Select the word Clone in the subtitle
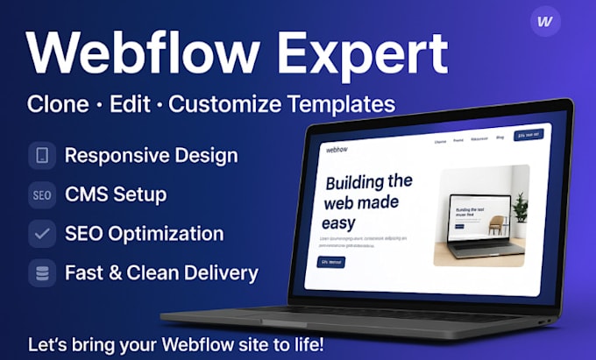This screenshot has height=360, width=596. pyautogui.click(x=58, y=103)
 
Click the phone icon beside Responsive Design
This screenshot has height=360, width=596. pyautogui.click(x=42, y=156)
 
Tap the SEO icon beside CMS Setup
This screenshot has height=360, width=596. pyautogui.click(x=42, y=194)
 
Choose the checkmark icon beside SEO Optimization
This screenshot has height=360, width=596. pyautogui.click(x=42, y=234)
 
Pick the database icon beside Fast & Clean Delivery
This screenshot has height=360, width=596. pyautogui.click(x=42, y=272)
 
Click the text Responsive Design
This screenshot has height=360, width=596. pyautogui.click(x=151, y=156)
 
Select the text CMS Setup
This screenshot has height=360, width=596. pyautogui.click(x=116, y=194)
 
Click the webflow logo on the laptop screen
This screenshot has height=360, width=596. pyautogui.click(x=337, y=149)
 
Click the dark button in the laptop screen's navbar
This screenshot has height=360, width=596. pyautogui.click(x=529, y=135)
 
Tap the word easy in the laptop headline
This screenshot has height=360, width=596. pyautogui.click(x=338, y=222)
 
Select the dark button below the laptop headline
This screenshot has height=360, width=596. pyautogui.click(x=331, y=262)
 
